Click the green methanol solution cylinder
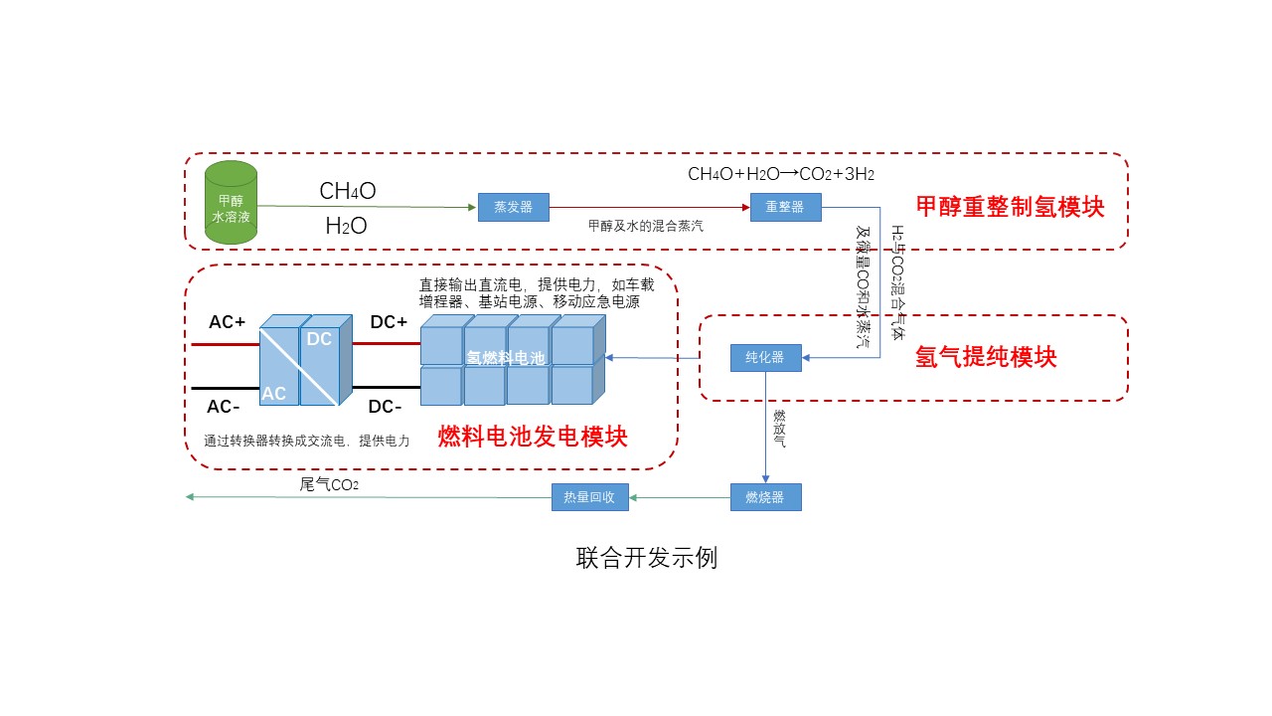(231, 202)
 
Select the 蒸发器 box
(513, 207)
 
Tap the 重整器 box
(785, 207)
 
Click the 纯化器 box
(765, 357)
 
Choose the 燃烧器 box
(765, 497)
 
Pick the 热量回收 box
(590, 497)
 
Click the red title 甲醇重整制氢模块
(1010, 207)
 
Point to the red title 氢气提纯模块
(986, 358)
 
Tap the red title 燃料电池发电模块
(533, 437)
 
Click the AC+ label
(227, 322)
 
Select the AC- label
(225, 407)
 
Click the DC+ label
(388, 322)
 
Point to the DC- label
(386, 407)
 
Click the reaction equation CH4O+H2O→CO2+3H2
(781, 174)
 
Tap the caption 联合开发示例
(646, 558)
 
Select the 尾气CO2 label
(329, 485)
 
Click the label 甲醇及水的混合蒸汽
(646, 226)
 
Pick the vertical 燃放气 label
(779, 429)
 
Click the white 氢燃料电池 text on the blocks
(506, 358)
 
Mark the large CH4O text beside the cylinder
(347, 191)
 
